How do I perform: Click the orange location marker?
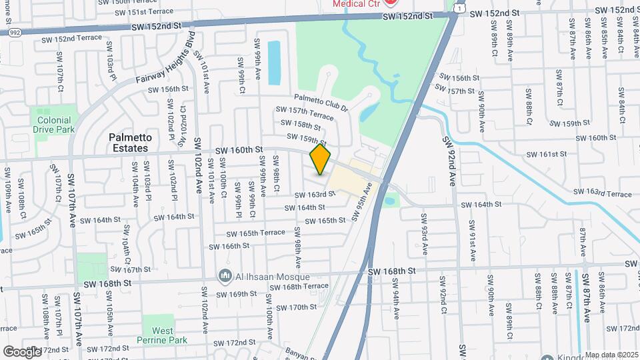click(321, 159)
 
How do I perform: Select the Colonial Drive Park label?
click(54, 125)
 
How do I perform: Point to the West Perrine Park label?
click(163, 335)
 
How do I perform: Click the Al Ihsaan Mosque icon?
click(223, 276)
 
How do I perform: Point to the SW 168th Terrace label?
click(299, 287)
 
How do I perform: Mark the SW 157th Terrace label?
click(305, 113)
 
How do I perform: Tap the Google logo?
click(21, 351)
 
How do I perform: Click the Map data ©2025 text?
click(612, 355)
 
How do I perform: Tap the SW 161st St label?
click(543, 153)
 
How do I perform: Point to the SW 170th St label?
click(295, 307)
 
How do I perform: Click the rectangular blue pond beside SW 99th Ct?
click(274, 63)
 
